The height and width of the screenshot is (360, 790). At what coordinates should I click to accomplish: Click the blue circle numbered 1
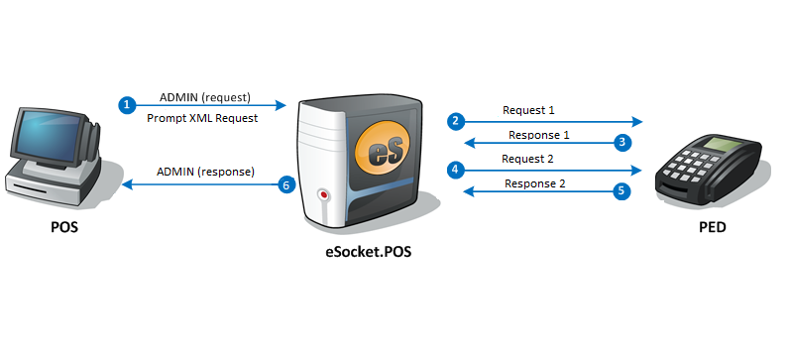127,105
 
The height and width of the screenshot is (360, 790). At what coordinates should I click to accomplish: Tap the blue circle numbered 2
455,122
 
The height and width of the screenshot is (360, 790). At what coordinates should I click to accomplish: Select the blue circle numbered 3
622,143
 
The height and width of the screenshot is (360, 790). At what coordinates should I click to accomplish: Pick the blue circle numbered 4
455,170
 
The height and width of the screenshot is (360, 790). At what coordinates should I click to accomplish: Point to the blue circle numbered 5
621,191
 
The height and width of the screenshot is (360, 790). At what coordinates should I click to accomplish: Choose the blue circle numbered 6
286,185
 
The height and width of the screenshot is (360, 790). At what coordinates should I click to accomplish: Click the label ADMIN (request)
204,97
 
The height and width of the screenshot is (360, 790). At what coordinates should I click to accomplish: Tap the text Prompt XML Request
202,118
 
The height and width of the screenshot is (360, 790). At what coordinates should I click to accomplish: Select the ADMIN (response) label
205,172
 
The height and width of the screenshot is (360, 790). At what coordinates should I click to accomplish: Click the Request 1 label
528,110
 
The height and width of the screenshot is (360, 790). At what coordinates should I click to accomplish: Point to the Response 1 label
538,135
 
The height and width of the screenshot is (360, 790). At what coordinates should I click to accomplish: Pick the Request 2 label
527,159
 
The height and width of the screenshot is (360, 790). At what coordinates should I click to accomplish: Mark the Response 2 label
535,183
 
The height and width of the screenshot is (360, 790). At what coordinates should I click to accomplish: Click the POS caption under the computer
64,227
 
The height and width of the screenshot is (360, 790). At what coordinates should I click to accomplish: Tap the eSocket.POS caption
369,251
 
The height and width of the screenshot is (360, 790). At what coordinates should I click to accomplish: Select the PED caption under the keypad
713,227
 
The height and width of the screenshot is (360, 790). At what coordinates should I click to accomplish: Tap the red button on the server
324,194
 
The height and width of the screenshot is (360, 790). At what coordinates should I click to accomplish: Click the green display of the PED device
718,144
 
